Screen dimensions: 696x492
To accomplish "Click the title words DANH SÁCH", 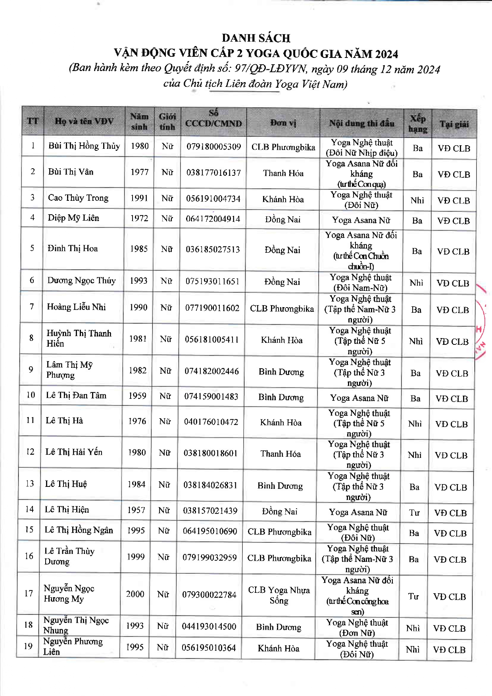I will pyautogui.click(x=256, y=38).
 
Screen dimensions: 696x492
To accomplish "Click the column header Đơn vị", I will pyautogui.click(x=283, y=123).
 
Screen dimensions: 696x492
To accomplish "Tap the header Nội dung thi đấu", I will pyautogui.click(x=361, y=123).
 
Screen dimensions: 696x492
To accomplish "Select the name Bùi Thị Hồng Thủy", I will pyautogui.click(x=84, y=146).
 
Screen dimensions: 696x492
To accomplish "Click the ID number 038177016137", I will pyautogui.click(x=213, y=173).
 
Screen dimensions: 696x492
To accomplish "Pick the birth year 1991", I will pyautogui.click(x=139, y=198).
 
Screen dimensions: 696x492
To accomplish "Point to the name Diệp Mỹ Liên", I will pyautogui.click(x=73, y=218).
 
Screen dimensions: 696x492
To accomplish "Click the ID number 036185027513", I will pyautogui.click(x=213, y=249).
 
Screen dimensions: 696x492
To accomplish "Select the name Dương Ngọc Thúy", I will pyautogui.click(x=81, y=281).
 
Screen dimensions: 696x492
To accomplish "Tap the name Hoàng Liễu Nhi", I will pyautogui.click(x=77, y=307).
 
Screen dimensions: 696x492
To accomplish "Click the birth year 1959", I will pyautogui.click(x=137, y=396).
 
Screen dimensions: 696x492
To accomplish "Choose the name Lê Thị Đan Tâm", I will pyautogui.click(x=76, y=395).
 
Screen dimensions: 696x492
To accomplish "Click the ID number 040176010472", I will pyautogui.click(x=211, y=422).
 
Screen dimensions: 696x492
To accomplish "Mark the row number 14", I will pyautogui.click(x=29, y=509).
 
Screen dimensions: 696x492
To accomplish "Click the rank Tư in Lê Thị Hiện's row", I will pyautogui.click(x=414, y=513).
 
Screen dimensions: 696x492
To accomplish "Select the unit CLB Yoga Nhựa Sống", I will pyautogui.click(x=279, y=595).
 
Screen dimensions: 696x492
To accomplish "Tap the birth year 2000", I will pyautogui.click(x=135, y=594).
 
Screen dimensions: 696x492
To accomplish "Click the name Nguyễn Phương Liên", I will pyautogui.click(x=73, y=646).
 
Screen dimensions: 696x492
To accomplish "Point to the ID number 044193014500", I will pyautogui.click(x=209, y=627).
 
